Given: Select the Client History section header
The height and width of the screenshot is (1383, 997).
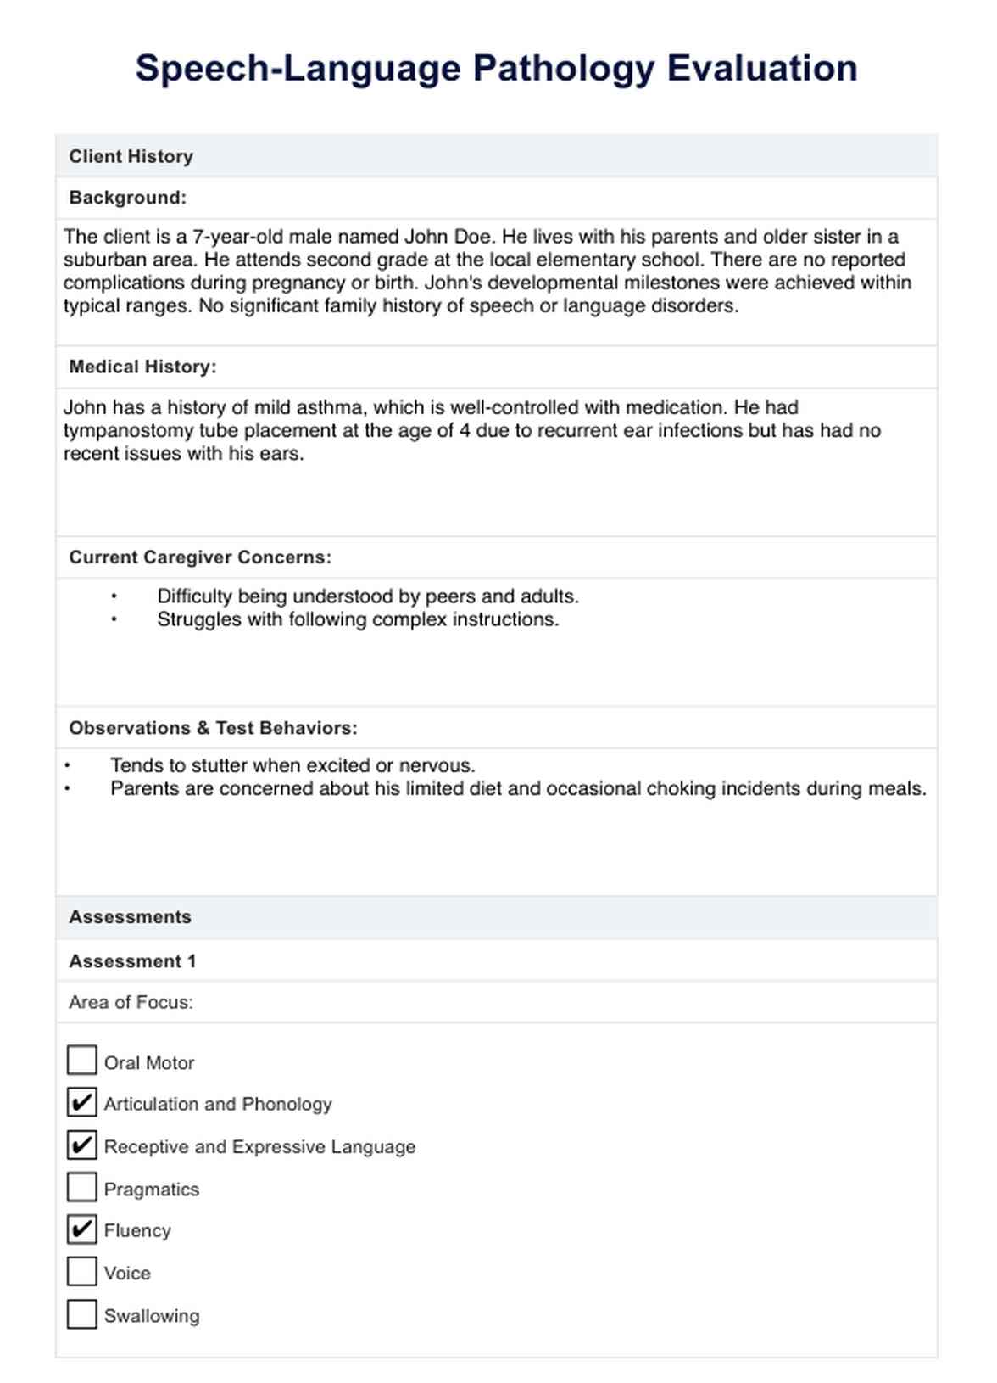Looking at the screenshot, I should pos(131,156).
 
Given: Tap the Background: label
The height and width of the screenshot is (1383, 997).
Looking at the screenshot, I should pos(127,198).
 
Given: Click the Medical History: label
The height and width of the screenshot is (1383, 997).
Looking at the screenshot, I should pos(142,367).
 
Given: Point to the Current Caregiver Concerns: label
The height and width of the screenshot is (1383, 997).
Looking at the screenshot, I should pos(200,557).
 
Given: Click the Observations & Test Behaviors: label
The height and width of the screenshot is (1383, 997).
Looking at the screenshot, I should pos(213,728).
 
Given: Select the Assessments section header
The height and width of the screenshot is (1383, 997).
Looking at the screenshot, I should pos(130,917).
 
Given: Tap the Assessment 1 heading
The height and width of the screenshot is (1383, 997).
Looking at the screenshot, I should pos(132,961).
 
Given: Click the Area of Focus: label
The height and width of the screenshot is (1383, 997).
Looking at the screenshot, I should pos(131,1002).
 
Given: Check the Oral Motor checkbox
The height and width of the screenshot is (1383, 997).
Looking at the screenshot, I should pos(81,1061).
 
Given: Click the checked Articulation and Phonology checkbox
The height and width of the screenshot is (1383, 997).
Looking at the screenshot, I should pos(81,1103).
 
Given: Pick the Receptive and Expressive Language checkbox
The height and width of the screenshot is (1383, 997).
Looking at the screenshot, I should pos(81,1145).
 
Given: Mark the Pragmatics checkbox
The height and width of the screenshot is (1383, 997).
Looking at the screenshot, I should pos(81,1188).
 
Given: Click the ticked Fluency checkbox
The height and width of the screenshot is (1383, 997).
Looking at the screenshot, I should pos(81,1229).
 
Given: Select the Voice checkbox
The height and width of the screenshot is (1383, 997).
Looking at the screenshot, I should pos(81,1272).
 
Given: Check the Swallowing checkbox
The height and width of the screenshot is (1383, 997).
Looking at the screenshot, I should pos(81,1314).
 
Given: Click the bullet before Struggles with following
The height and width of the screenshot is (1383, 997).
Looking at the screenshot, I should pos(114,620).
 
